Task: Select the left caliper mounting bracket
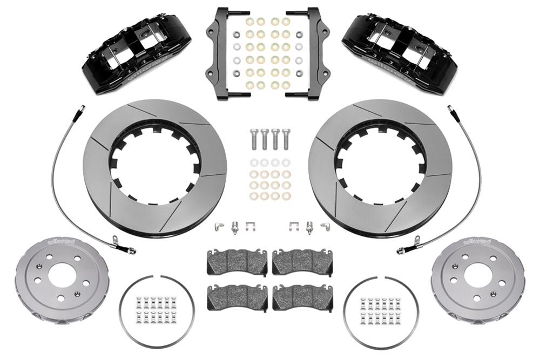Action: coord(221,54)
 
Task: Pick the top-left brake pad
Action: coord(237,263)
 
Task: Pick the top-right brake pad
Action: coord(302,263)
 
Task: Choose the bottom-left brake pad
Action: coord(237,297)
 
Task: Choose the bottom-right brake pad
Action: coord(302,297)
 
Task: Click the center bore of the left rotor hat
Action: coord(62,275)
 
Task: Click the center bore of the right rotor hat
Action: coord(477,275)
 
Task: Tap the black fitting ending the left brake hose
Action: coord(130,250)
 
